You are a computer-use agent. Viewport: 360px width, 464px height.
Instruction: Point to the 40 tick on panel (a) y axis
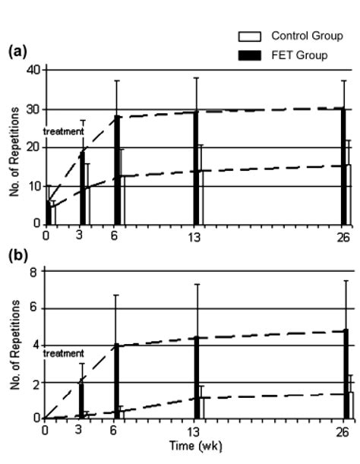click(x=33, y=70)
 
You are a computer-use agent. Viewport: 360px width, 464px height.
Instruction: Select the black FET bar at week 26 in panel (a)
click(x=343, y=166)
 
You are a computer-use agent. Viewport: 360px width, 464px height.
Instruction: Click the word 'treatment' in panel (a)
click(x=64, y=131)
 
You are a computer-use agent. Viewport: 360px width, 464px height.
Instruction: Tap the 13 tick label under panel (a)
click(x=196, y=236)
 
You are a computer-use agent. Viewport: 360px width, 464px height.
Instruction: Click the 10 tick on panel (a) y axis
click(x=33, y=186)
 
